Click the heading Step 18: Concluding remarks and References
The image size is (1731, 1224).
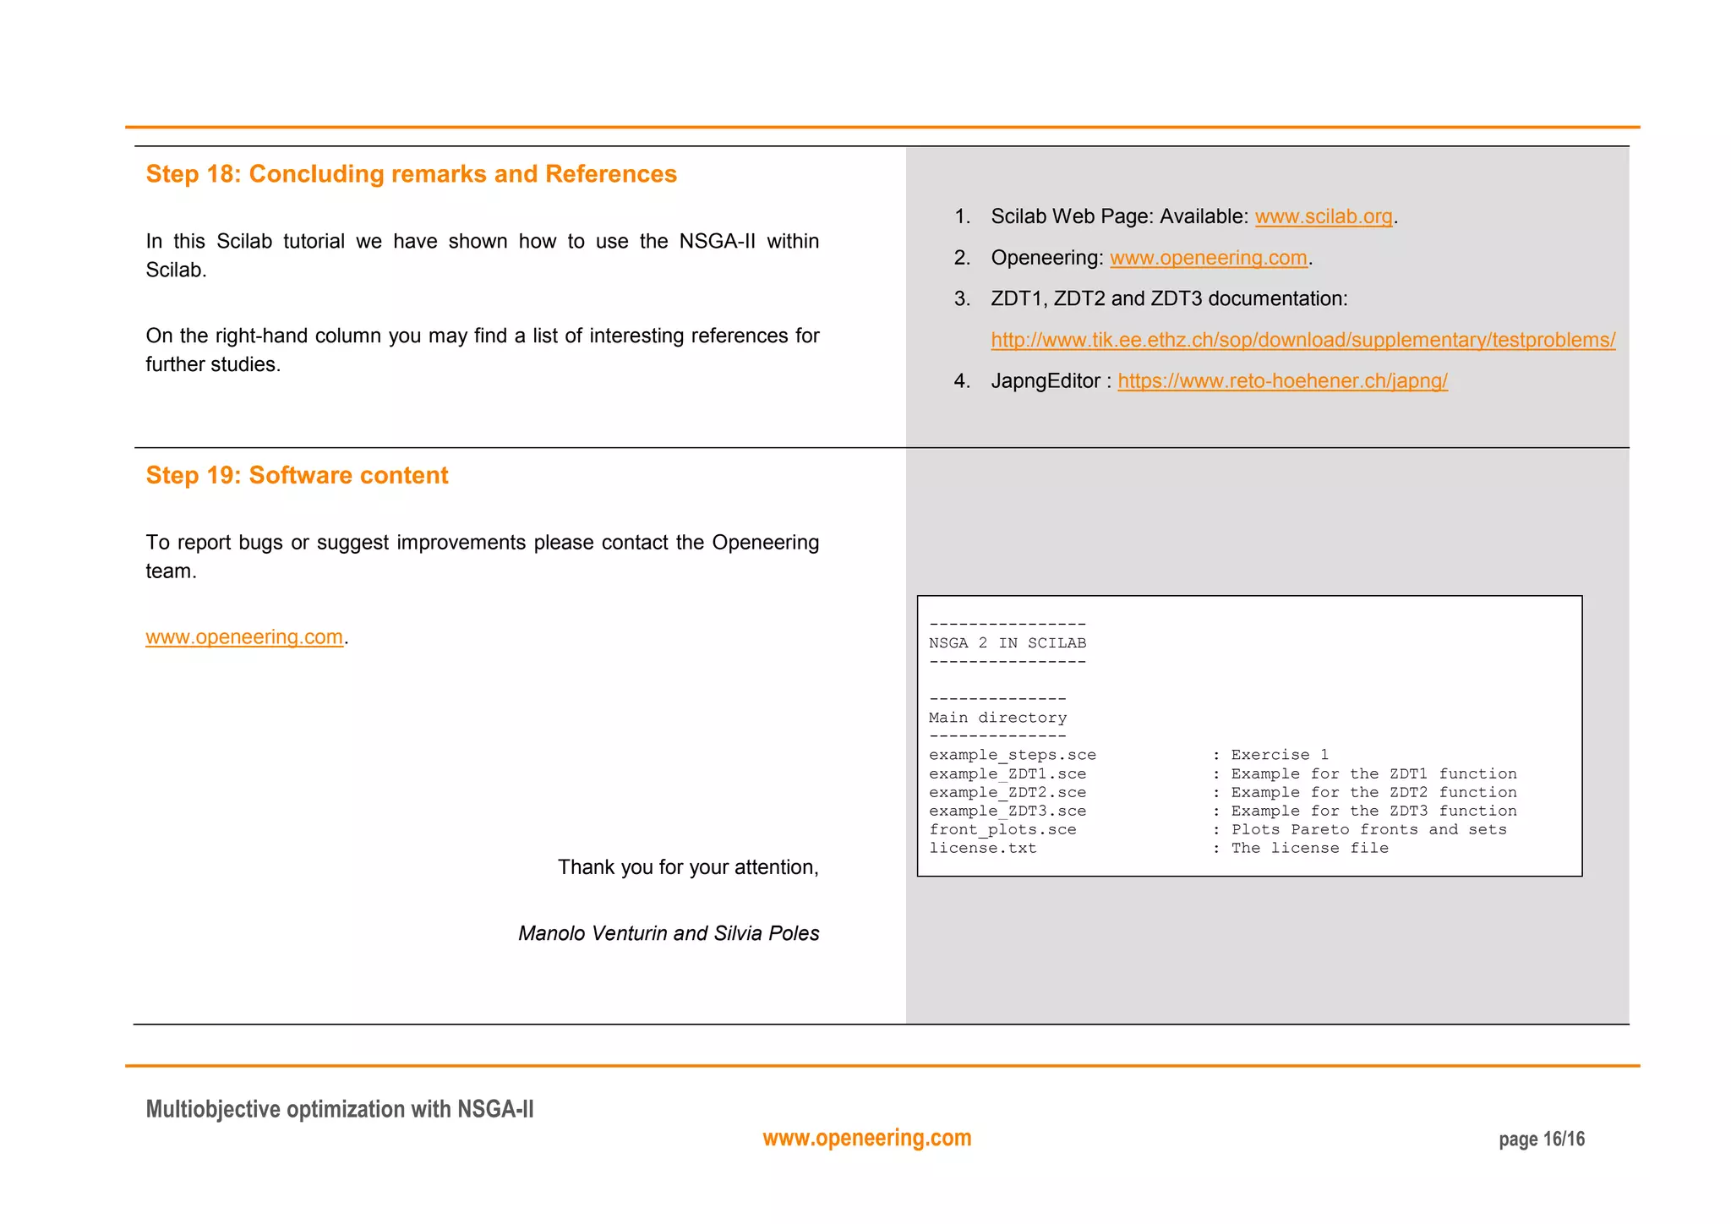(x=411, y=174)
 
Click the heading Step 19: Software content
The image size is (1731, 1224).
(x=297, y=475)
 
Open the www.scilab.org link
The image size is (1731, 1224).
(x=1323, y=216)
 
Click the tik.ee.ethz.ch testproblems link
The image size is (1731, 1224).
(x=1302, y=340)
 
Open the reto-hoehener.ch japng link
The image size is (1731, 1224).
(x=1282, y=381)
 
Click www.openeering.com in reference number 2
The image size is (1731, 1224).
(x=1208, y=258)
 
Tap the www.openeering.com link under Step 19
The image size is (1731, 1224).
(x=244, y=637)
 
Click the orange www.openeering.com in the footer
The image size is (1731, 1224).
(x=866, y=1138)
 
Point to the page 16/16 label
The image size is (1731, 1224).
(x=1541, y=1139)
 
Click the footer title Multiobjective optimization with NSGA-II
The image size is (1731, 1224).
(x=340, y=1109)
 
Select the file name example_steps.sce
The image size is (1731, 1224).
(x=1012, y=755)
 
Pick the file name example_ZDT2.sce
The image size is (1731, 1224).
(x=1007, y=792)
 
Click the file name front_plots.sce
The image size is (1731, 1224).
(x=1002, y=829)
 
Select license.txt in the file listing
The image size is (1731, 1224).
(x=982, y=848)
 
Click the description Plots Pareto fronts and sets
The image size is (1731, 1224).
(x=1368, y=829)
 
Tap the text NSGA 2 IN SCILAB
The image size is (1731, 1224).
(x=1007, y=643)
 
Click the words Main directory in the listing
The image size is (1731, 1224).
(x=997, y=718)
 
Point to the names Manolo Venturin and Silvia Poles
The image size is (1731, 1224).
(x=668, y=933)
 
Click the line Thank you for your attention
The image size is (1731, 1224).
(x=687, y=867)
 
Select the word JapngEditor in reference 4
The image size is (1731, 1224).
(x=1045, y=381)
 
